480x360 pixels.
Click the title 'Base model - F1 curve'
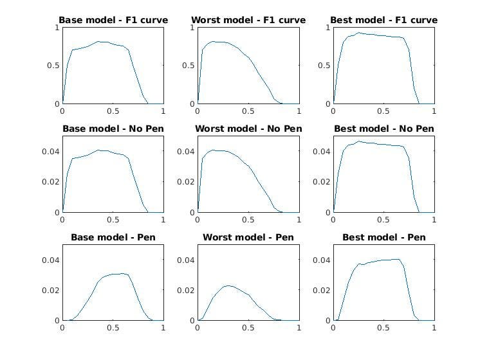(x=113, y=20)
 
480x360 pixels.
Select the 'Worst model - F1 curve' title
(x=248, y=20)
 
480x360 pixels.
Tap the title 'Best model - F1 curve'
(x=383, y=20)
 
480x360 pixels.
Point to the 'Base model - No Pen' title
(x=113, y=129)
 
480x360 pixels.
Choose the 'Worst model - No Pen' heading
(x=248, y=129)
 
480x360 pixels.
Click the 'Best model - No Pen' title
(x=383, y=129)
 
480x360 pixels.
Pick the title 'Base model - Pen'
(x=113, y=237)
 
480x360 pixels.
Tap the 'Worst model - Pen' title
(x=248, y=237)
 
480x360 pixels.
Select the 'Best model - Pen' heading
(x=383, y=237)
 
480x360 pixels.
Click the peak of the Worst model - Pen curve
(x=228, y=285)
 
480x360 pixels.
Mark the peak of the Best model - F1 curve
(x=359, y=33)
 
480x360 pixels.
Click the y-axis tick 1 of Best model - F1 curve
(x=327, y=28)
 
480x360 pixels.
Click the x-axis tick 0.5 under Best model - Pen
(x=383, y=327)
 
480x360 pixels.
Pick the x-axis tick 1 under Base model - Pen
(x=163, y=327)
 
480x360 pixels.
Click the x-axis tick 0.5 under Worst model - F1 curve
(x=248, y=111)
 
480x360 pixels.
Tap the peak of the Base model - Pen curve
(x=122, y=273)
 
